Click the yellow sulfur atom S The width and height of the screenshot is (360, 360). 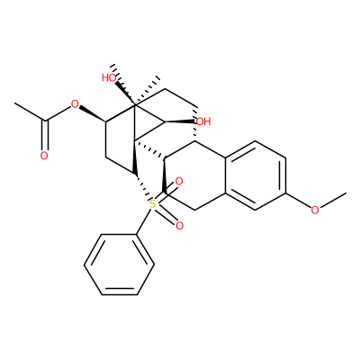point(153,204)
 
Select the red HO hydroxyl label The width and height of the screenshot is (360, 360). point(109,78)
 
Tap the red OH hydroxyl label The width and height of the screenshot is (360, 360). point(203,121)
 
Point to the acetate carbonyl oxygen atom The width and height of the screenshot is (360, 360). point(44,156)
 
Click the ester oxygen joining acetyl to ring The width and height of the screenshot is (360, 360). point(75,104)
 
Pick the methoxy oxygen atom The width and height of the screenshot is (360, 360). point(315,210)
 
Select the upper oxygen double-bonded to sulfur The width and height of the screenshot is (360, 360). point(179,182)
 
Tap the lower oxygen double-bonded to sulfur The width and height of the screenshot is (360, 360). point(179,226)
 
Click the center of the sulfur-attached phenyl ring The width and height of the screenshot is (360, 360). point(120,265)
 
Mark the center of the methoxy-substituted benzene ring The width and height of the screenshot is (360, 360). point(255,175)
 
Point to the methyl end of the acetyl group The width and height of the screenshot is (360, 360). point(15,103)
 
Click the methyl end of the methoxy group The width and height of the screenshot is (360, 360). point(346,193)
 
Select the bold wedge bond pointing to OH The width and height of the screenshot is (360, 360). point(180,121)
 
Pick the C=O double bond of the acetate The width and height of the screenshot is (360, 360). point(44,135)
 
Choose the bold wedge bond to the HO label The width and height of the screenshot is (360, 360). point(125,93)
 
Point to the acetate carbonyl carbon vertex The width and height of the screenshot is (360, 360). point(45,121)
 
